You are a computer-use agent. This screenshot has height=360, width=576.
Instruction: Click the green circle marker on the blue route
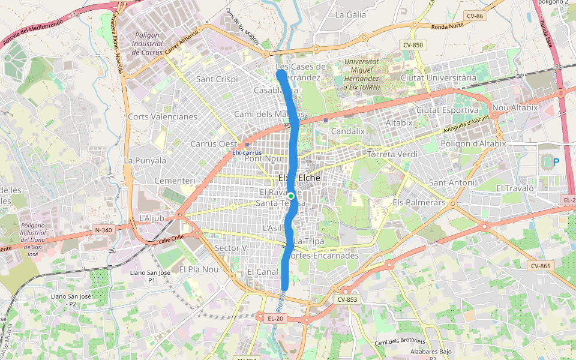tap(290, 196)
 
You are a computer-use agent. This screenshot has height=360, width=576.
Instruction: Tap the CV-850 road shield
tap(413, 45)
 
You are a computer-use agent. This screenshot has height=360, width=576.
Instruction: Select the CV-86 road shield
tap(475, 15)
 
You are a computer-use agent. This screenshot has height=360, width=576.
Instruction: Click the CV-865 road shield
tap(540, 266)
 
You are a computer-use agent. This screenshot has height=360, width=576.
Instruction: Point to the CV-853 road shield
tap(347, 299)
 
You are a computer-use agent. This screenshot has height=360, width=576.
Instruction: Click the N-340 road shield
tap(103, 230)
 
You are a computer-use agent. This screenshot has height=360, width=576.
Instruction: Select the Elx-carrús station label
tap(247, 152)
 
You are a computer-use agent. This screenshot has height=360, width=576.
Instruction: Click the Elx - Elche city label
tap(299, 178)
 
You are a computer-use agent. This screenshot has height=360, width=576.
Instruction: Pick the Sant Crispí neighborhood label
tap(217, 79)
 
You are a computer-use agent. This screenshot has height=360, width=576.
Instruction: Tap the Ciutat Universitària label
tap(438, 78)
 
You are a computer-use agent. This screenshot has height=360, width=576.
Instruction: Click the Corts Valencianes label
tap(163, 116)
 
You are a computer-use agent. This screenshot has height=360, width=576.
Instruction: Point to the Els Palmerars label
tap(419, 203)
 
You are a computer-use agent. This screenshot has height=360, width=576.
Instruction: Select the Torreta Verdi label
tap(392, 154)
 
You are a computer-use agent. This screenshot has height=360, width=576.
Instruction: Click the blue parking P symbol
tap(556, 161)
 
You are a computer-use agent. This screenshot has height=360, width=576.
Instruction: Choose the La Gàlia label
tap(350, 14)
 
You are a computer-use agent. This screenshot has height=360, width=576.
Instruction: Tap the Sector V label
tap(230, 248)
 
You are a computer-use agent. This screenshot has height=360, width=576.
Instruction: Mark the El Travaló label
tap(515, 188)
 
